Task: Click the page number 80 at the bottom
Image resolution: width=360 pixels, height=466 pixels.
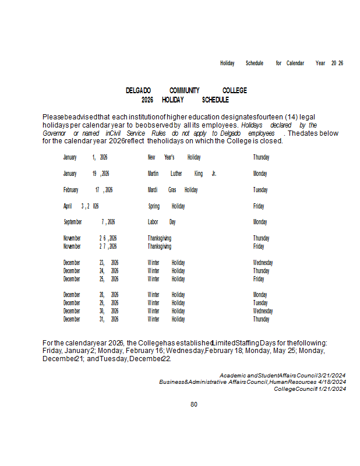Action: [194, 404]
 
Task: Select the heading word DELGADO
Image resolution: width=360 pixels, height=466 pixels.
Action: [139, 91]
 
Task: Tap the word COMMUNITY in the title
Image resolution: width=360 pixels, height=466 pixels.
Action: [185, 91]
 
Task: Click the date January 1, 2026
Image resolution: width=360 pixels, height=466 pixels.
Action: [85, 157]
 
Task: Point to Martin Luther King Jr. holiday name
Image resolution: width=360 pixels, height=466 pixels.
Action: [182, 174]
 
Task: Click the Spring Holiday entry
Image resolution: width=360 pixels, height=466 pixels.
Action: [167, 206]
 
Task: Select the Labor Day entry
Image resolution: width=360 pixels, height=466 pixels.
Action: [162, 222]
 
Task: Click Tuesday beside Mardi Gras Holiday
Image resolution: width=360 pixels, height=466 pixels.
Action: [260, 190]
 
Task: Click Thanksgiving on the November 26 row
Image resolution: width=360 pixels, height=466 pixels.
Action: [160, 238]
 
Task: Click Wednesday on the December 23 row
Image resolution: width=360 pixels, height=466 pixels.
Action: [263, 263]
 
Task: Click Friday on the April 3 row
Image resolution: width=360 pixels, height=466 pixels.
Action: [259, 206]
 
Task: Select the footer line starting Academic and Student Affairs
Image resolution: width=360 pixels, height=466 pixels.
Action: [283, 376]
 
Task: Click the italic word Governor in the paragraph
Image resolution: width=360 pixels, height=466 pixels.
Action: [54, 133]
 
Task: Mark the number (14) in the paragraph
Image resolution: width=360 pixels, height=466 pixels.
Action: [292, 117]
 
